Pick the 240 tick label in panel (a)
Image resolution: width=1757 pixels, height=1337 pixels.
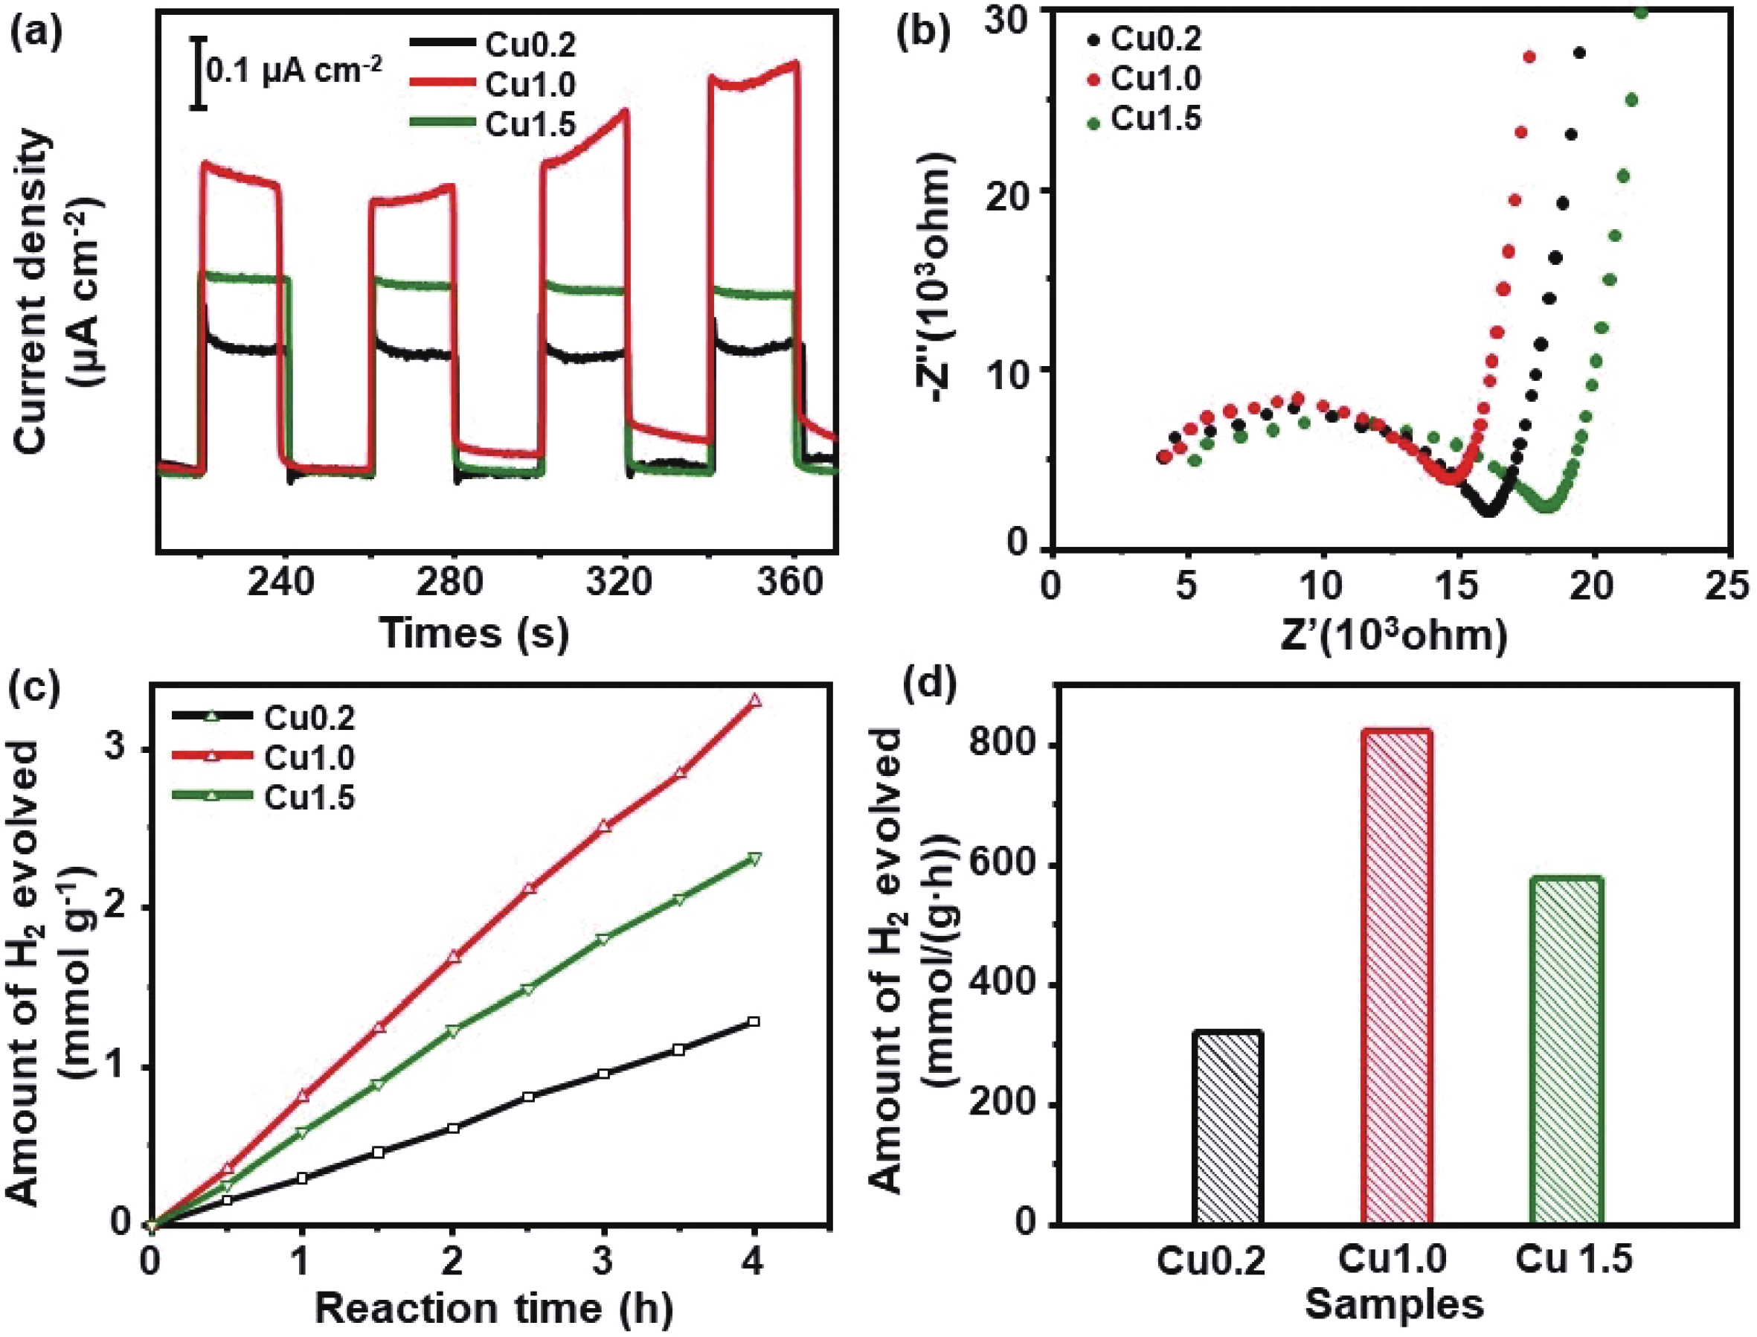pos(281,583)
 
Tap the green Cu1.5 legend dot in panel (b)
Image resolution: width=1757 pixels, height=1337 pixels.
pos(1093,124)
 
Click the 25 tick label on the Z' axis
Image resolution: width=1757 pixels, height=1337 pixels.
pos(1727,586)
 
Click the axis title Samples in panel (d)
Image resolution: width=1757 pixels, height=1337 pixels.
pos(1394,1305)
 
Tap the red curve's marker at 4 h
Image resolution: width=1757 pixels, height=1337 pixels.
pos(754,700)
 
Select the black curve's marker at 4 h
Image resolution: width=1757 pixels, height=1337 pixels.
pos(754,1022)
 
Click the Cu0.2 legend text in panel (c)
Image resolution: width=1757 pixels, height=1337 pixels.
pos(309,718)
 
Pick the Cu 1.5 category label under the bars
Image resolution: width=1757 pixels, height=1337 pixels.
pos(1573,1260)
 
